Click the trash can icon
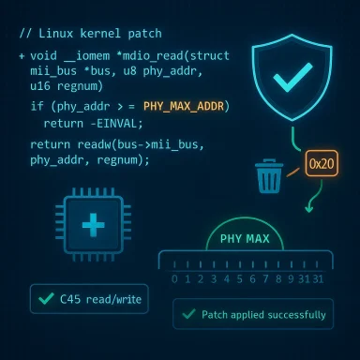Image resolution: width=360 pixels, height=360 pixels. click(x=269, y=174)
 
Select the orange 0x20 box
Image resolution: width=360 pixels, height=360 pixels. click(x=321, y=162)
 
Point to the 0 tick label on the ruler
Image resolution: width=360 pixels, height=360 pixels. click(x=173, y=279)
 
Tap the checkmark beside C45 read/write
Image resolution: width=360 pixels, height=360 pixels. click(x=44, y=300)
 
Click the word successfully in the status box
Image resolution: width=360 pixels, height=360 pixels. click(x=292, y=314)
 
